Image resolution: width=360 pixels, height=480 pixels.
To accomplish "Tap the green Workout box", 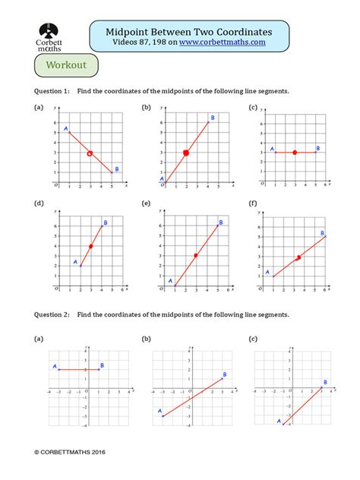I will (66, 65).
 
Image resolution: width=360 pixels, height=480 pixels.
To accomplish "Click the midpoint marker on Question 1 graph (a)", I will (90, 153).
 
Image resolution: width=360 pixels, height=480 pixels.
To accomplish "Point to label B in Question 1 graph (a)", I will (116, 169).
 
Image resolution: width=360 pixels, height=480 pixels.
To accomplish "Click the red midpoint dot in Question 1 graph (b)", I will (186, 153).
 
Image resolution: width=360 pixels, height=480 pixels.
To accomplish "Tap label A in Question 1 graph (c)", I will (263, 149).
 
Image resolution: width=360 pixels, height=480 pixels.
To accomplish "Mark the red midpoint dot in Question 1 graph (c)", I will (295, 153).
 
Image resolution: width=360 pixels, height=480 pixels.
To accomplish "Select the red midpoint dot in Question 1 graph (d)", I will (90, 246).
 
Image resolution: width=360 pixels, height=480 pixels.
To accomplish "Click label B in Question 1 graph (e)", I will (221, 223).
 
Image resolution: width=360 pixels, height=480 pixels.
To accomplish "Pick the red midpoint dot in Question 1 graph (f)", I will (298, 258).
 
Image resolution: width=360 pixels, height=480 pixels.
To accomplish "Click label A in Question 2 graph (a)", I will (55, 366).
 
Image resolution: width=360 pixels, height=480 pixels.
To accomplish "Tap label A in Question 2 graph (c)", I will (279, 420).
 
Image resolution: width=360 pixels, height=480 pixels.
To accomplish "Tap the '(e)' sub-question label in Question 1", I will (146, 203).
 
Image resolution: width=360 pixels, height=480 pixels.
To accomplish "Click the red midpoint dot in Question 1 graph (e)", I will (196, 255).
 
